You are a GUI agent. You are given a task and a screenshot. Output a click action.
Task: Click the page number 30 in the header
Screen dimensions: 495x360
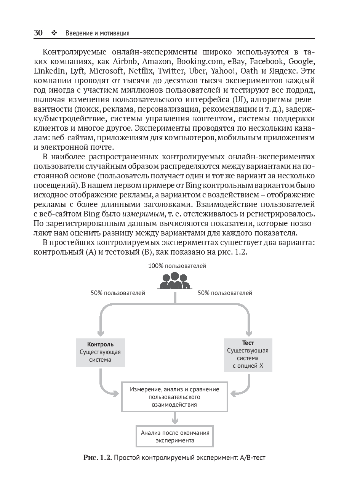(38, 33)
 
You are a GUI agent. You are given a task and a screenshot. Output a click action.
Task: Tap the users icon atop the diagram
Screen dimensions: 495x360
(175, 281)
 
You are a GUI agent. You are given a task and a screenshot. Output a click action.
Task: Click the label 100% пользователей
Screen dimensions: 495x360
(177, 266)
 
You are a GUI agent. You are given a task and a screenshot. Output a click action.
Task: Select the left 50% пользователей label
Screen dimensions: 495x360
(118, 293)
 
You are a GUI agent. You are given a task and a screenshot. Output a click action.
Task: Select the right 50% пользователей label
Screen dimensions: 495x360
(225, 293)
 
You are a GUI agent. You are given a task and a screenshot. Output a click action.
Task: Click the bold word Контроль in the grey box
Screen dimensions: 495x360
(100, 344)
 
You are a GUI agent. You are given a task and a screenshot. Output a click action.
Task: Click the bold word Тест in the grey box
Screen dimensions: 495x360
(248, 343)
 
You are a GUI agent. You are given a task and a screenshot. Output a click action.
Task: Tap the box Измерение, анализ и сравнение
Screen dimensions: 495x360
(174, 396)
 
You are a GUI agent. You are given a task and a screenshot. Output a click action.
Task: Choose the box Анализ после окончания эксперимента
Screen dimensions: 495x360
(175, 436)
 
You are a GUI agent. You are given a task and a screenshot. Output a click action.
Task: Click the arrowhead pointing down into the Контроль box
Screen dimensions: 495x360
(101, 332)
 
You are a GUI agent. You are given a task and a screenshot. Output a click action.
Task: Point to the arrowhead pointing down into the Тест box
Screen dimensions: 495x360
(248, 332)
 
